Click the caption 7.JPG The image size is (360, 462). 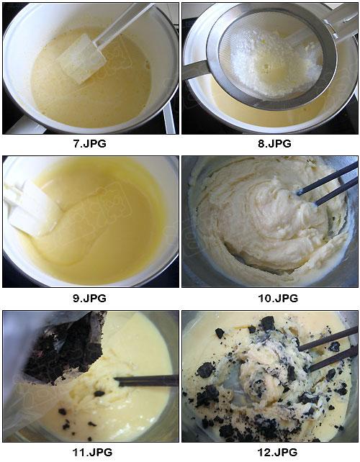[x=89, y=143]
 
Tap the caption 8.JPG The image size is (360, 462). [x=274, y=143]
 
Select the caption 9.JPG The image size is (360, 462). [x=89, y=298]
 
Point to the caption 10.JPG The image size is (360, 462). [x=278, y=298]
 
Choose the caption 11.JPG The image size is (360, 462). [x=92, y=452]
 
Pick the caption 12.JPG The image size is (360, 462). [x=277, y=452]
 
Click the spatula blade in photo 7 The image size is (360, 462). [x=81, y=58]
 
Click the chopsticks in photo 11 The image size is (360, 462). [x=146, y=381]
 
